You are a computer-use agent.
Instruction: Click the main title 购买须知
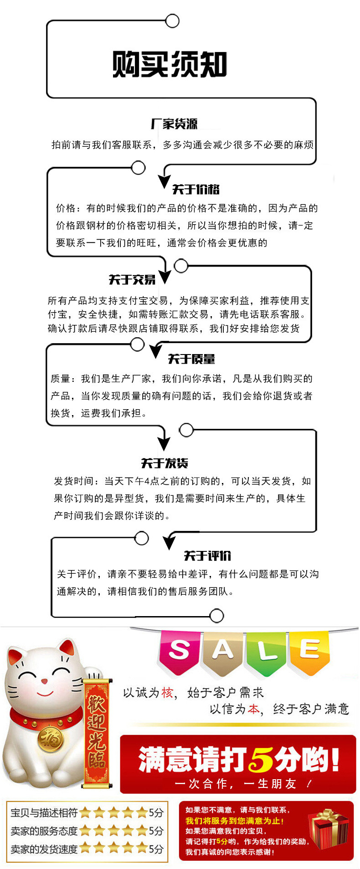point(170,64)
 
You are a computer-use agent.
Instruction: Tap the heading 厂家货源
point(174,124)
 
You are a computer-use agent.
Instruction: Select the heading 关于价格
point(195,189)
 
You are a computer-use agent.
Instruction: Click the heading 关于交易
point(132,279)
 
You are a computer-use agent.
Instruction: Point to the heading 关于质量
point(191,359)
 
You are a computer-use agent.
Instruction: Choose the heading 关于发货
point(165,463)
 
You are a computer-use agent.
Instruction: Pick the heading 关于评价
point(207,555)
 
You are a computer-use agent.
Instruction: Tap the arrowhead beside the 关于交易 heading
point(165,277)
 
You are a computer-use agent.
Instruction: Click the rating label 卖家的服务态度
point(44,831)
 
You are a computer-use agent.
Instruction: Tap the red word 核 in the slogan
point(168,693)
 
